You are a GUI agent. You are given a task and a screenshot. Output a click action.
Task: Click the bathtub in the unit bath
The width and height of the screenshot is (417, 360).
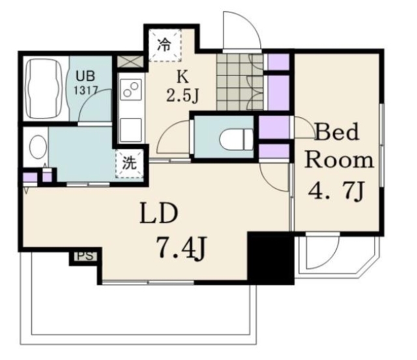(x=44, y=89)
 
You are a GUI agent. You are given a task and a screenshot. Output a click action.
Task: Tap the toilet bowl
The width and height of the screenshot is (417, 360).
(x=237, y=138)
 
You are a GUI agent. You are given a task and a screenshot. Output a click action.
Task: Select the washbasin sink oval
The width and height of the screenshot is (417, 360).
(x=37, y=147)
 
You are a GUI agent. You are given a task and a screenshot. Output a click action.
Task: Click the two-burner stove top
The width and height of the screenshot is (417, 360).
(x=131, y=89)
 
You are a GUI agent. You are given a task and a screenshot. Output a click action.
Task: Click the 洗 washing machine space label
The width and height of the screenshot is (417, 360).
(x=130, y=163)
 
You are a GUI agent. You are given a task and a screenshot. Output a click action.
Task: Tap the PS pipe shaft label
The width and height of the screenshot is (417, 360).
(x=85, y=256)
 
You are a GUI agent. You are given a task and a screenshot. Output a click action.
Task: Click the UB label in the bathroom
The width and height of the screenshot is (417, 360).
(x=85, y=77)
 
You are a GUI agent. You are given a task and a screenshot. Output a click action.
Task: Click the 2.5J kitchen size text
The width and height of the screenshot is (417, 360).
(x=182, y=96)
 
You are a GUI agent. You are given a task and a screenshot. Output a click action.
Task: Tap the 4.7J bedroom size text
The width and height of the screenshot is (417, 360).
(x=336, y=191)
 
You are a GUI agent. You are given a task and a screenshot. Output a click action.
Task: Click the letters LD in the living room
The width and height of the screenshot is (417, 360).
(x=159, y=213)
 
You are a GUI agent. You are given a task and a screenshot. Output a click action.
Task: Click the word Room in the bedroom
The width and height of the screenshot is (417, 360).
(x=339, y=160)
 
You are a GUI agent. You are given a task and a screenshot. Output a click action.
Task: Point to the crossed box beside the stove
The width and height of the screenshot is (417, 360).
(x=130, y=62)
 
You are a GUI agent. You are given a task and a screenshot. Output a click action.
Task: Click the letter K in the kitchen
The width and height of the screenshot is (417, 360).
(x=183, y=77)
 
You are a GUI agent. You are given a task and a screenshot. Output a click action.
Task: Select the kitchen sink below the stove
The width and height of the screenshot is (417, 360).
(x=130, y=130)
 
